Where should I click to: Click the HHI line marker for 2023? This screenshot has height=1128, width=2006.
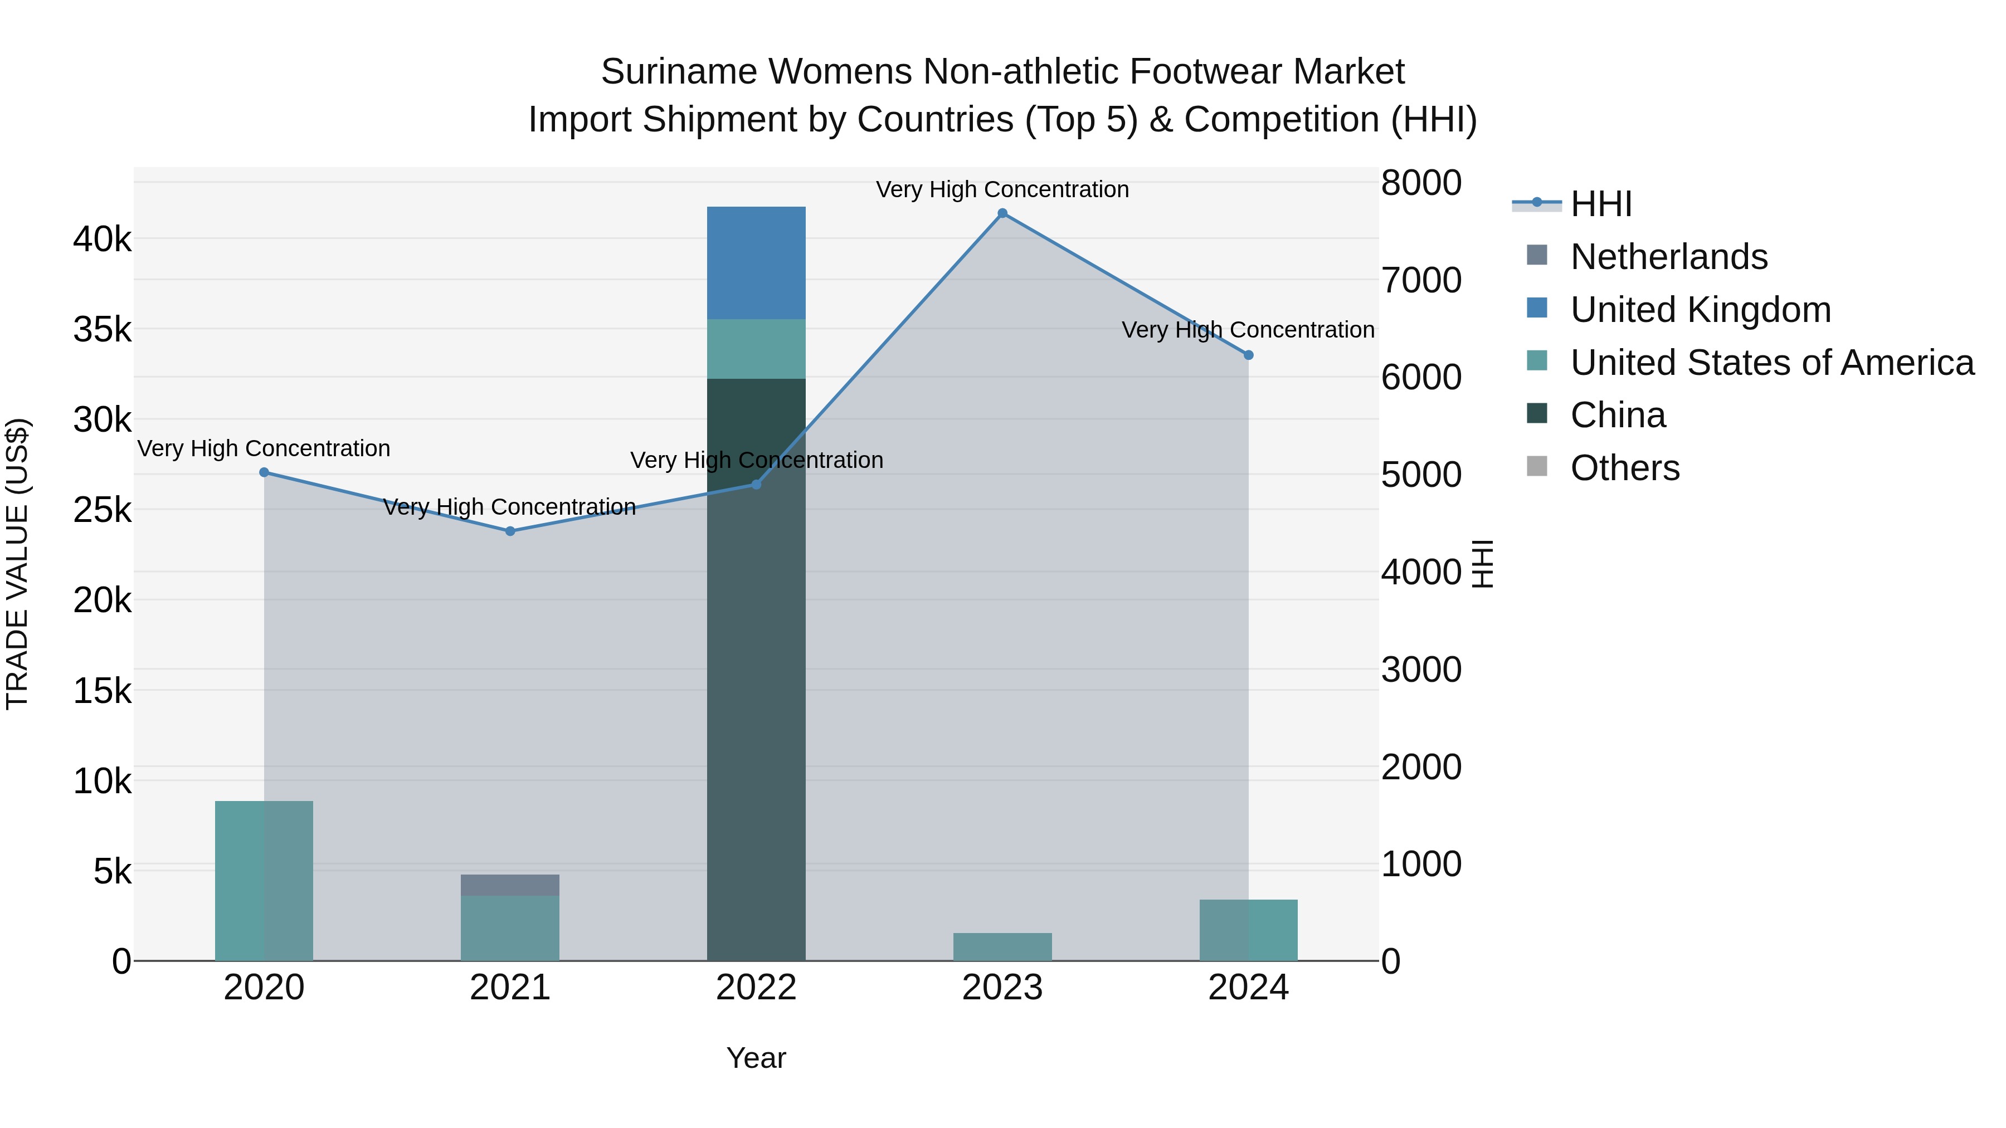coord(1002,213)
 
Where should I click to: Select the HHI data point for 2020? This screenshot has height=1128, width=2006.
coord(264,472)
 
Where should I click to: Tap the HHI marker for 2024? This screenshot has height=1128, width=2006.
coord(1248,355)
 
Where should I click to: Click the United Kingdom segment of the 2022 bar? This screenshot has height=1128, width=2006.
coord(756,263)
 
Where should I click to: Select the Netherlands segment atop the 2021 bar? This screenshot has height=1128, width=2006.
coord(510,885)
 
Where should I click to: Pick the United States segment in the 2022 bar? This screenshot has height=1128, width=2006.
coord(756,349)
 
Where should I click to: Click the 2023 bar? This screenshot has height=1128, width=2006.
coord(1002,946)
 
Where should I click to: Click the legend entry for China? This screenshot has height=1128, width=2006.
coord(1618,415)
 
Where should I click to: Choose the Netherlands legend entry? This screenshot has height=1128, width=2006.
coord(1668,257)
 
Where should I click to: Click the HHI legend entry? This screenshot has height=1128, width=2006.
coord(1600,204)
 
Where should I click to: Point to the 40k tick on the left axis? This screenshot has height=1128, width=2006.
coord(103,239)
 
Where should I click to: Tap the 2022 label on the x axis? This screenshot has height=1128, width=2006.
coord(756,988)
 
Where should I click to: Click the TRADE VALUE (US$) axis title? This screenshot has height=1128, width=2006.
coord(18,564)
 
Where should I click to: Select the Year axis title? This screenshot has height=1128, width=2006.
coord(756,1058)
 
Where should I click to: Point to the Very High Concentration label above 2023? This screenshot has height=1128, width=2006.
coord(1002,189)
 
